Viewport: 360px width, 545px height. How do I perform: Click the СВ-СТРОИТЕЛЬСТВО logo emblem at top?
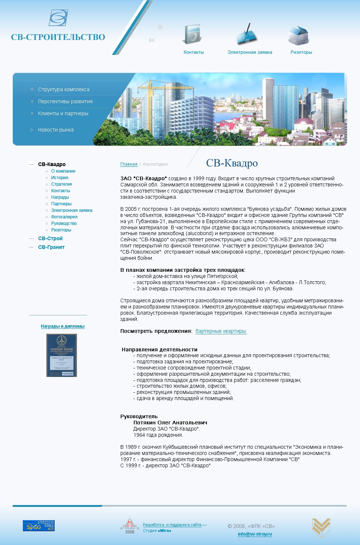pyautogui.click(x=59, y=18)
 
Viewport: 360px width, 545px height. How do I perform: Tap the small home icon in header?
pyautogui.click(x=160, y=27)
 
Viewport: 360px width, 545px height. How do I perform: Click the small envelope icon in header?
pyautogui.click(x=152, y=40)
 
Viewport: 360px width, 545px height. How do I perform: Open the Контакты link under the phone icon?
pyautogui.click(x=193, y=52)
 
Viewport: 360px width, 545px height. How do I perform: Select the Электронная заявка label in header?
pyautogui.click(x=249, y=52)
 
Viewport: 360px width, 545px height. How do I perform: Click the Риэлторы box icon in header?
pyautogui.click(x=299, y=35)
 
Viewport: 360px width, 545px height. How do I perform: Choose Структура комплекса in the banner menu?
pyautogui.click(x=64, y=89)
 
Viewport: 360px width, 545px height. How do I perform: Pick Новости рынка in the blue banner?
pyautogui.click(x=56, y=130)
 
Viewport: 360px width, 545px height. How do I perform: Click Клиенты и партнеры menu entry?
pyautogui.click(x=63, y=113)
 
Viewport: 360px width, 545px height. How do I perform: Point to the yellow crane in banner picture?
pyautogui.click(x=156, y=87)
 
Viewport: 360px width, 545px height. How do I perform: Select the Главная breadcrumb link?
pyautogui.click(x=129, y=164)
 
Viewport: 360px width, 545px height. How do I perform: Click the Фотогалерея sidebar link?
pyautogui.click(x=64, y=217)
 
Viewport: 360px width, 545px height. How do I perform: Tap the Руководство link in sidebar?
pyautogui.click(x=64, y=223)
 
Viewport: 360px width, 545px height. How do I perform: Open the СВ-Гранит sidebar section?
pyautogui.click(x=51, y=247)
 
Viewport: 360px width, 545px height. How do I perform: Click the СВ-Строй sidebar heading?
pyautogui.click(x=50, y=238)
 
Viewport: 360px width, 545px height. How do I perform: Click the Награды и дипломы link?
pyautogui.click(x=63, y=326)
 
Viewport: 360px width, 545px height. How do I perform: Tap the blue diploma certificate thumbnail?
pyautogui.click(x=61, y=355)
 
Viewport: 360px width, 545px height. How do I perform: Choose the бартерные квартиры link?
pyautogui.click(x=221, y=331)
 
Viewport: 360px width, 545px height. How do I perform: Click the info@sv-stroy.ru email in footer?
pyautogui.click(x=255, y=534)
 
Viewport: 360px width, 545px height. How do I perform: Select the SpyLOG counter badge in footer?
pyautogui.click(x=39, y=525)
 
